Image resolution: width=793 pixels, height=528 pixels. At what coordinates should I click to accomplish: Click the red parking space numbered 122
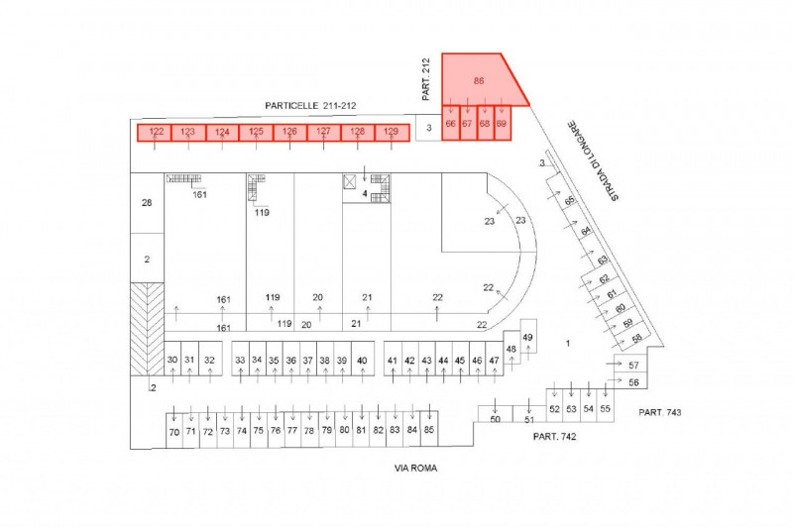point(156,132)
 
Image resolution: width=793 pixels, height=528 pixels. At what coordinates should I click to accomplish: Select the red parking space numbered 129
point(391,132)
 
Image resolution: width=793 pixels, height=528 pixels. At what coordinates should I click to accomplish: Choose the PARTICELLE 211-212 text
point(310,105)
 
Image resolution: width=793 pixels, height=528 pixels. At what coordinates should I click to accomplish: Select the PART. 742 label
point(554,436)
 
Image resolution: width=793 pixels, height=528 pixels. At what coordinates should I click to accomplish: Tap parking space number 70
point(174,432)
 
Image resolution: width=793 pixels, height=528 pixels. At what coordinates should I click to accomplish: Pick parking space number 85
point(428,430)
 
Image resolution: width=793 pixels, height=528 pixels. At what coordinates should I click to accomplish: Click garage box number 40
point(362,361)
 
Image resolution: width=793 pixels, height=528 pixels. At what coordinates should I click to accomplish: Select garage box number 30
point(172,361)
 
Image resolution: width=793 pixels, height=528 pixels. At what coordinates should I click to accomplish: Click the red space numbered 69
point(502,125)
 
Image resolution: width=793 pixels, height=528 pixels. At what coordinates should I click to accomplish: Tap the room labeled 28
point(147,203)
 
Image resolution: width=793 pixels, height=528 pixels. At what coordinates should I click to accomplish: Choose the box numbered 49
point(528,339)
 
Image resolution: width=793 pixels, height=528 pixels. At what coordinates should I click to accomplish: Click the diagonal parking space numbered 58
point(636,338)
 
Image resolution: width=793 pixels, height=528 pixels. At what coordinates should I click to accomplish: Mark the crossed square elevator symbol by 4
point(351,181)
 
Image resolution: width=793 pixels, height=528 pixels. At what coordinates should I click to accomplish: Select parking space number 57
point(634,366)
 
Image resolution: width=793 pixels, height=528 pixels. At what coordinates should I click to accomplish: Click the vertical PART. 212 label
point(426,80)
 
